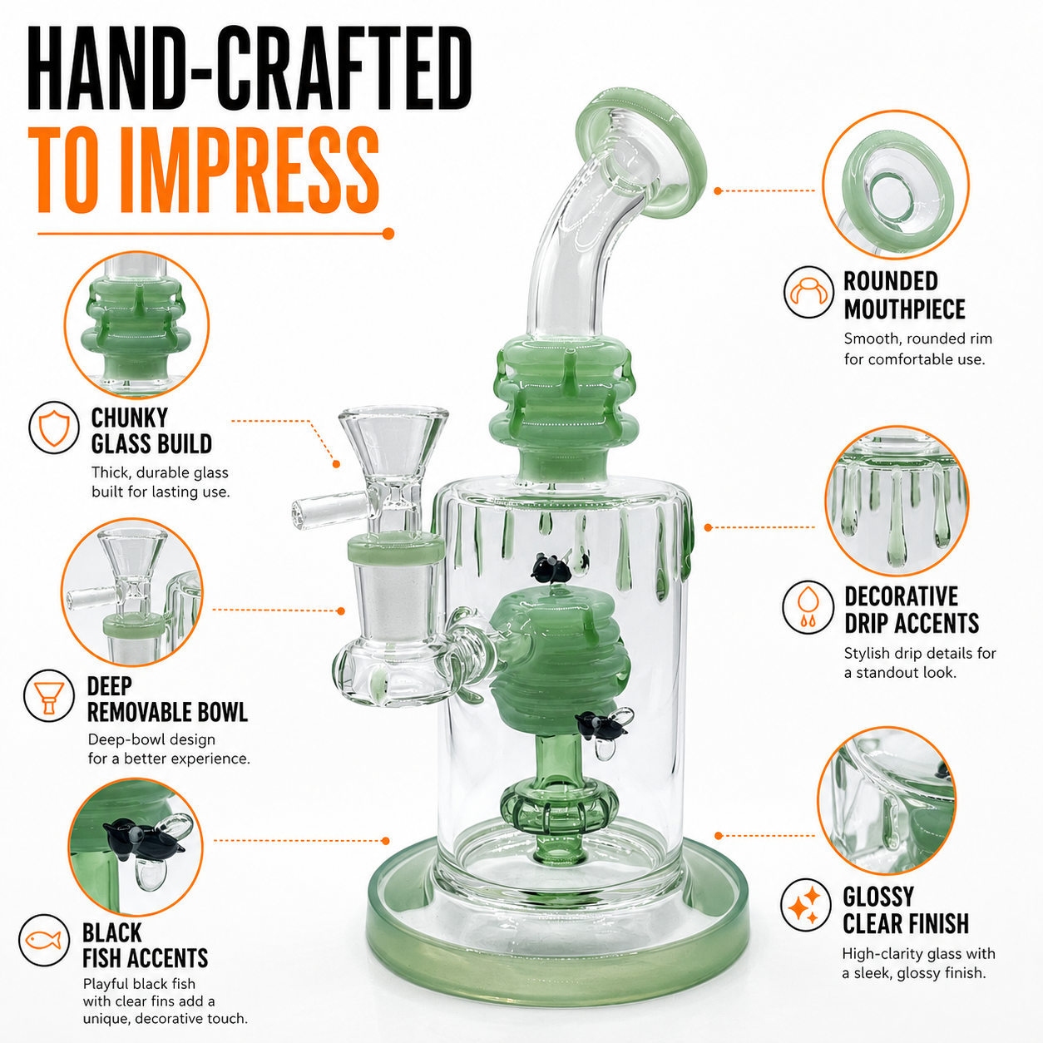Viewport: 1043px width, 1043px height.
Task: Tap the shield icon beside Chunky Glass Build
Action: (x=54, y=427)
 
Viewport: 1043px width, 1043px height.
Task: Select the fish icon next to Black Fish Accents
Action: (x=44, y=940)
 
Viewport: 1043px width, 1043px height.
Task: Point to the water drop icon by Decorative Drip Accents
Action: (x=808, y=607)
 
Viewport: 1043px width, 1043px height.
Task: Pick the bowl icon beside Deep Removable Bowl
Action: (x=49, y=695)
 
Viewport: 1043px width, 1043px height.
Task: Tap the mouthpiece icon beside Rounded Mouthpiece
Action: (x=808, y=292)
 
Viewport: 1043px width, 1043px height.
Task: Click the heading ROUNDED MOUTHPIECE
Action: (x=904, y=295)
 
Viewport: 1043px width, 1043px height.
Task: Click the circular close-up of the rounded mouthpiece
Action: (x=896, y=184)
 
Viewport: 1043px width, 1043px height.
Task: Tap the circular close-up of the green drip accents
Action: (x=897, y=501)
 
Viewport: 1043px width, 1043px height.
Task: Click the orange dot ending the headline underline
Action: (x=388, y=234)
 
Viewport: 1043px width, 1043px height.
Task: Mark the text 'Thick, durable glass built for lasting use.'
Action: (x=161, y=482)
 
